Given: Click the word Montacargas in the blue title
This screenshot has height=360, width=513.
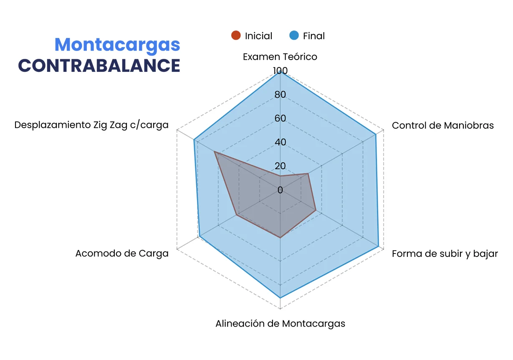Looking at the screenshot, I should pos(117,45).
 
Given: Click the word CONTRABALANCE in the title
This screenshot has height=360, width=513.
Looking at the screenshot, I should pos(99,66).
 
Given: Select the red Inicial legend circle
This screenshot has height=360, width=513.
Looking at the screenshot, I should pos(236,36).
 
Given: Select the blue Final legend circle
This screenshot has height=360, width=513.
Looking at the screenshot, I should pos(294,36).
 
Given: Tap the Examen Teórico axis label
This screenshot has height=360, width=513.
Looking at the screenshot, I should pos(280,57).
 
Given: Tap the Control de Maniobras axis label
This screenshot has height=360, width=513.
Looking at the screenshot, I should pos(442,125).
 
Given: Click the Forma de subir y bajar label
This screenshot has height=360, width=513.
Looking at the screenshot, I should pos(445,254).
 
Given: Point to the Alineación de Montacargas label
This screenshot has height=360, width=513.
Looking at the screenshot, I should pos(280,324).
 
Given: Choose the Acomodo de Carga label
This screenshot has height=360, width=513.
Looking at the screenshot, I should pos(122,254).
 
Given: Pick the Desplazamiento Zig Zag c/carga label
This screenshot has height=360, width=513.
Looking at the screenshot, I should pos(91,125).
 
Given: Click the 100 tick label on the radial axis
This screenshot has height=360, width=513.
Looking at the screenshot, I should pos(280,71).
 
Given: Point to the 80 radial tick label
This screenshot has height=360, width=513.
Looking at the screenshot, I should pos(280,95).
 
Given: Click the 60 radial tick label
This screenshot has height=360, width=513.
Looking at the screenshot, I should pos(280,119).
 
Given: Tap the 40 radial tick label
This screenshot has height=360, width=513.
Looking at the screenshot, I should pos(280,142).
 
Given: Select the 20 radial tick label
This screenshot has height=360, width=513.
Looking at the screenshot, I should pos(280,166).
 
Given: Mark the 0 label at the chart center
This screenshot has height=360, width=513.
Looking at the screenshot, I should pos(280,190).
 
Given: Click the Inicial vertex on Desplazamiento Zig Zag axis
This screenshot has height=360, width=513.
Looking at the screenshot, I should pos(215,152).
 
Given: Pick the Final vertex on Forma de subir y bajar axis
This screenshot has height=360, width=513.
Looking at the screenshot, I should pos(379,247).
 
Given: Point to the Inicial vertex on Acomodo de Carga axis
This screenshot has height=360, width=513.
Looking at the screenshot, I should pos(237,215).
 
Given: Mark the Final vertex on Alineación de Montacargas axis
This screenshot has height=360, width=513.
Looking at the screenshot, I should pos(280,298).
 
